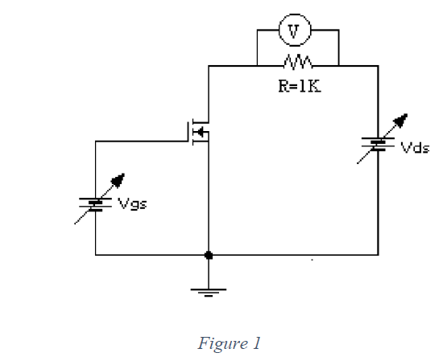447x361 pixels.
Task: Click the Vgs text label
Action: coord(132,203)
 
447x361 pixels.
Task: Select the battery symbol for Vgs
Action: coord(96,204)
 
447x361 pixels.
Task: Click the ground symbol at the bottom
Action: coord(209,290)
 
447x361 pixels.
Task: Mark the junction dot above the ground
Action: coord(209,255)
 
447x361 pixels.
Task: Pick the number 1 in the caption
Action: coord(256,343)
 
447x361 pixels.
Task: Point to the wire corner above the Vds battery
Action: coord(378,65)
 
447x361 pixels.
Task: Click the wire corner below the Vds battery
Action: coord(378,255)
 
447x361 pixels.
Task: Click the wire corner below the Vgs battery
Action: coord(96,255)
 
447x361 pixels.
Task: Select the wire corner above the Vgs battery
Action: coord(96,142)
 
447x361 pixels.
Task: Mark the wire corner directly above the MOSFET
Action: coord(209,65)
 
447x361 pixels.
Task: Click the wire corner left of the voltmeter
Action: coord(256,31)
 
